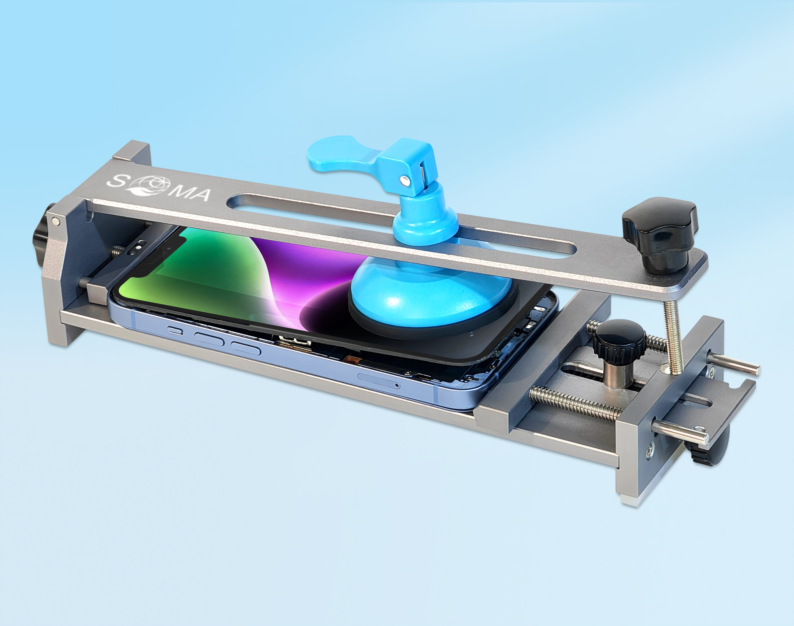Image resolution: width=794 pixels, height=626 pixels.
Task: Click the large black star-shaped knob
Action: pyautogui.click(x=659, y=233)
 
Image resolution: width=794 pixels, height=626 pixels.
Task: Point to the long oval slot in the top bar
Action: pyautogui.click(x=401, y=226)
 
